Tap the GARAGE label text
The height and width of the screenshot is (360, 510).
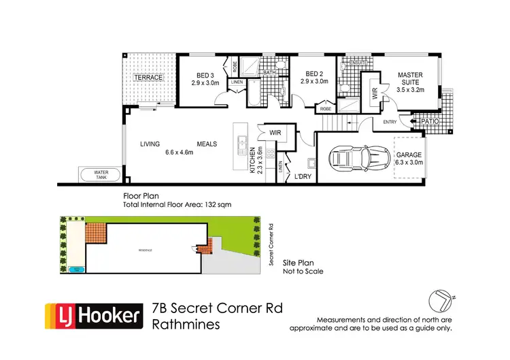(410, 154)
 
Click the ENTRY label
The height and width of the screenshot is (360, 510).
(390, 122)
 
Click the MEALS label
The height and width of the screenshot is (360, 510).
(207, 144)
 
